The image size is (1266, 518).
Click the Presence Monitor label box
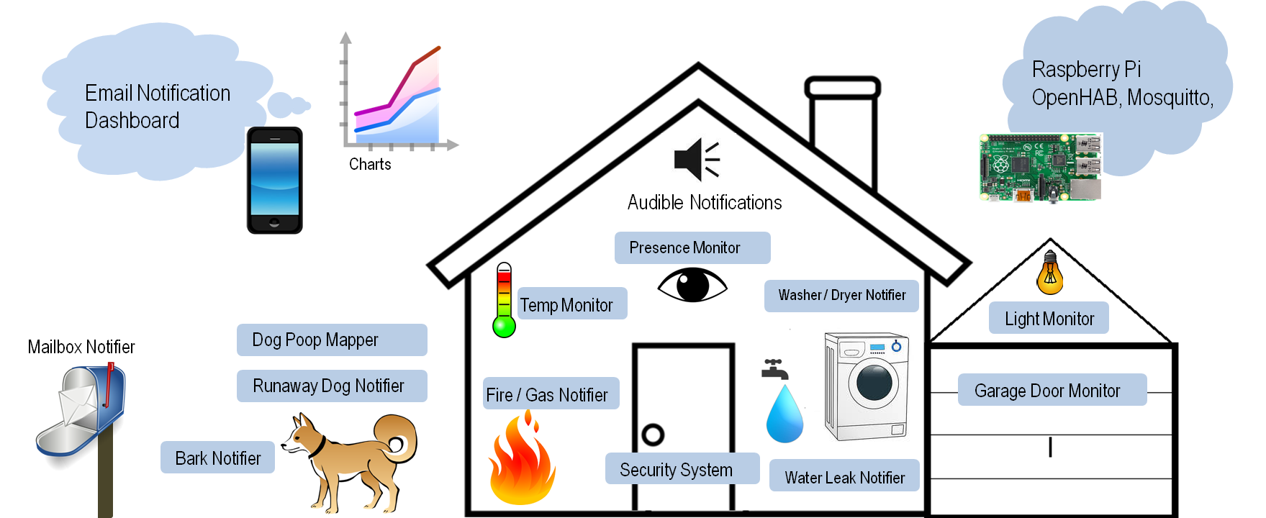pos(692,247)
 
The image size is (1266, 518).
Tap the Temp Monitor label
pos(572,304)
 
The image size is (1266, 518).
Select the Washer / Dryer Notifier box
pos(841,296)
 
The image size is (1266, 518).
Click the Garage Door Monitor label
pos(1051,390)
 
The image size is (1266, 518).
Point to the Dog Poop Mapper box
pos(331,340)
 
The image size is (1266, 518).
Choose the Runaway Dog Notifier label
pos(331,386)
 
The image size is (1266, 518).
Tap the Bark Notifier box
pos(217,458)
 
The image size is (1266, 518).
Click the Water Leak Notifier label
pos(844,476)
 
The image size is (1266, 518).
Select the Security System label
pos(681,469)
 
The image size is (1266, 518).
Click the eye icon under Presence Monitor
pos(692,286)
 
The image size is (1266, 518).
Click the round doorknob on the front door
pos(653,435)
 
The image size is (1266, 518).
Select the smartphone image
pos(274,180)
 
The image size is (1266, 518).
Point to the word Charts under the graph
pos(370,164)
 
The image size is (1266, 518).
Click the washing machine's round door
pos(874,381)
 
